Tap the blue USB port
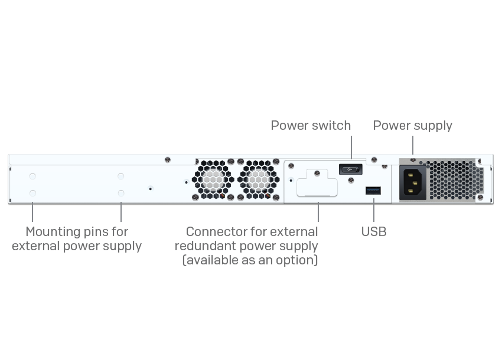373,190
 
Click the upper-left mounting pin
32,176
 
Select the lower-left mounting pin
32,193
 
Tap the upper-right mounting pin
121,176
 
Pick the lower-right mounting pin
121,193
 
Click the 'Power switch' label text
311,126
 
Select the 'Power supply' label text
412,126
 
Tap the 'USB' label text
374,232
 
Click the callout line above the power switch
351,148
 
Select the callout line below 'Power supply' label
412,145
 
